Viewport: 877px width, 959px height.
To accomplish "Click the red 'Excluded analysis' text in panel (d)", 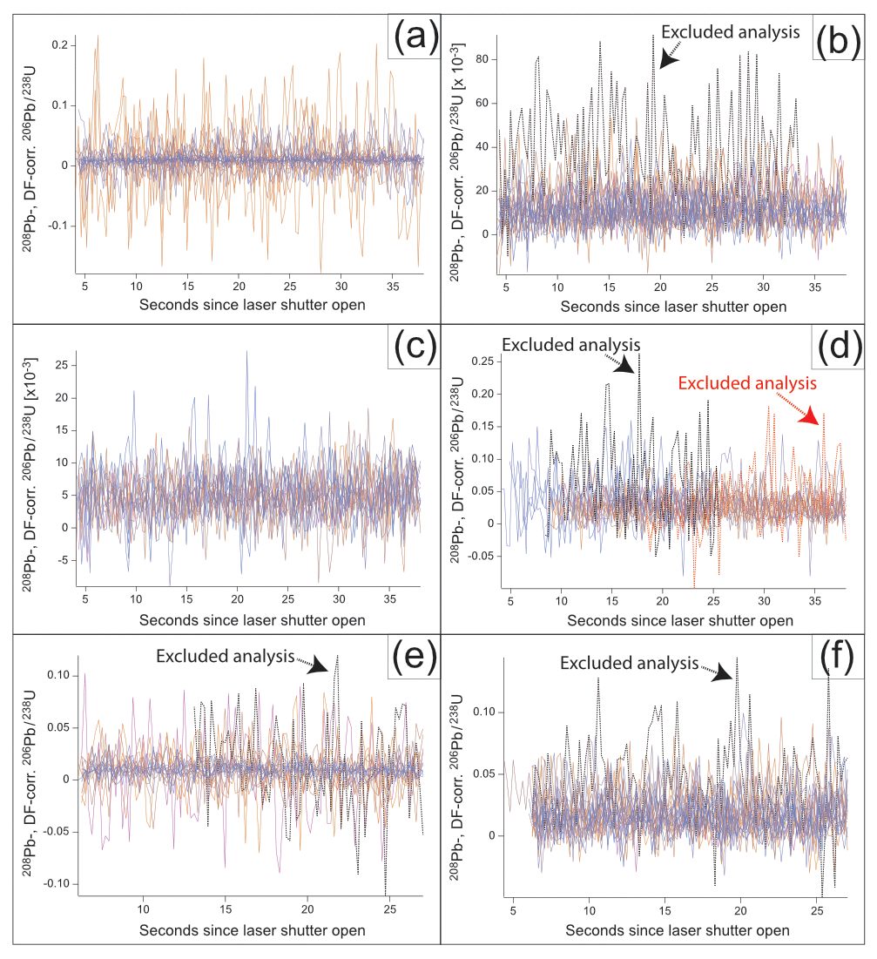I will coord(748,382).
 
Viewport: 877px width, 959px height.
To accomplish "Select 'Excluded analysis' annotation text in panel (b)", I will coord(730,32).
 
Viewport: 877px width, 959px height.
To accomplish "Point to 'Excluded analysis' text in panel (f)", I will coord(628,663).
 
